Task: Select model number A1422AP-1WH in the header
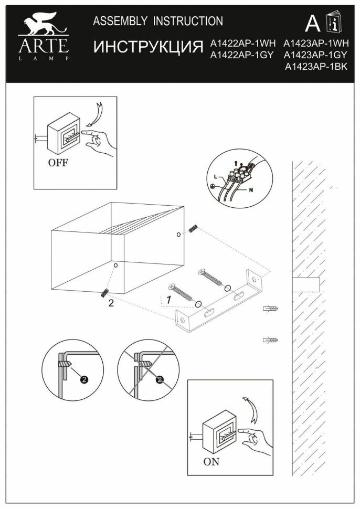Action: pos(242,44)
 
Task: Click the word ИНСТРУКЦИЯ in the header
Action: pos(148,47)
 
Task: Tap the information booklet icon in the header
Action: pos(332,23)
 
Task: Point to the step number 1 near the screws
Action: pos(168,300)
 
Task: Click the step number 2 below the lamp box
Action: pos(111,303)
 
